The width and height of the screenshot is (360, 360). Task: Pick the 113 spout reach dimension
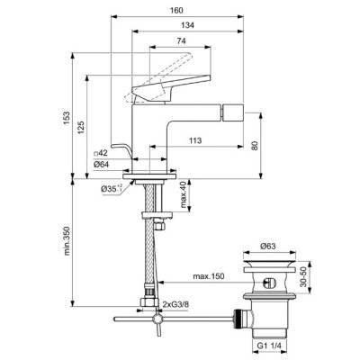point(195,140)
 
